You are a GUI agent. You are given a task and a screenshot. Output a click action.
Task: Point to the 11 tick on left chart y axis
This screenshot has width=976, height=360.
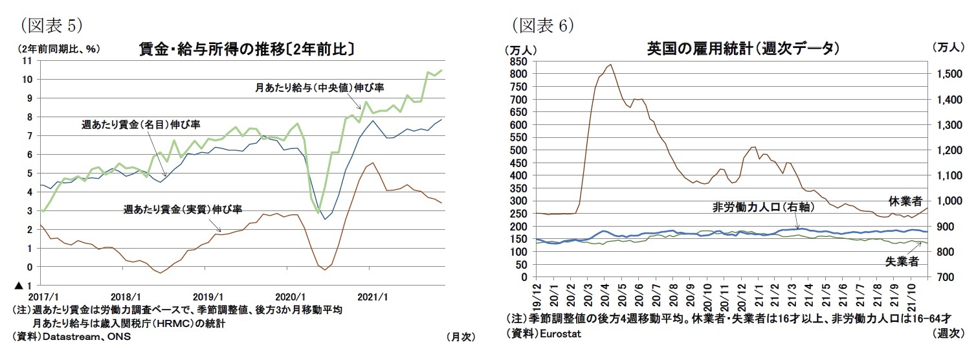pyautogui.click(x=27, y=61)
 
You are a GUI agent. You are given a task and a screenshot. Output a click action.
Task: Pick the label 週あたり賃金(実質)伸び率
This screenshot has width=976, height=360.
pyautogui.click(x=183, y=210)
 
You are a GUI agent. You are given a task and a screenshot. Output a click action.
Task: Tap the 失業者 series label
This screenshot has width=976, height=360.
pyautogui.click(x=902, y=262)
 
